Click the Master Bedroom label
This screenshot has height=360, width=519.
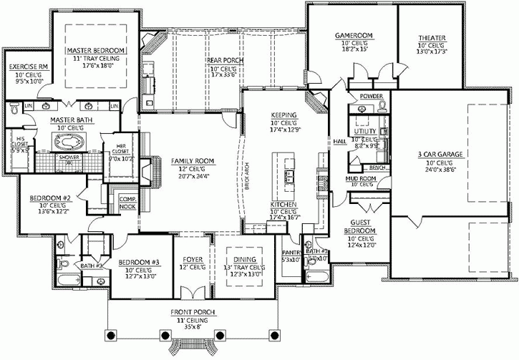tap(97, 52)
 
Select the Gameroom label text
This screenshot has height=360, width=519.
tap(351, 36)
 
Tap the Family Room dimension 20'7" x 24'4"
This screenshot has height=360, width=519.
tap(190, 176)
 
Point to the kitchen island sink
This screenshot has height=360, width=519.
tap(290, 176)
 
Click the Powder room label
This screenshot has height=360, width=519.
tap(370, 96)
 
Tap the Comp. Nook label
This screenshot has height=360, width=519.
tap(127, 203)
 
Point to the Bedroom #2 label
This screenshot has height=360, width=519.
tap(49, 198)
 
